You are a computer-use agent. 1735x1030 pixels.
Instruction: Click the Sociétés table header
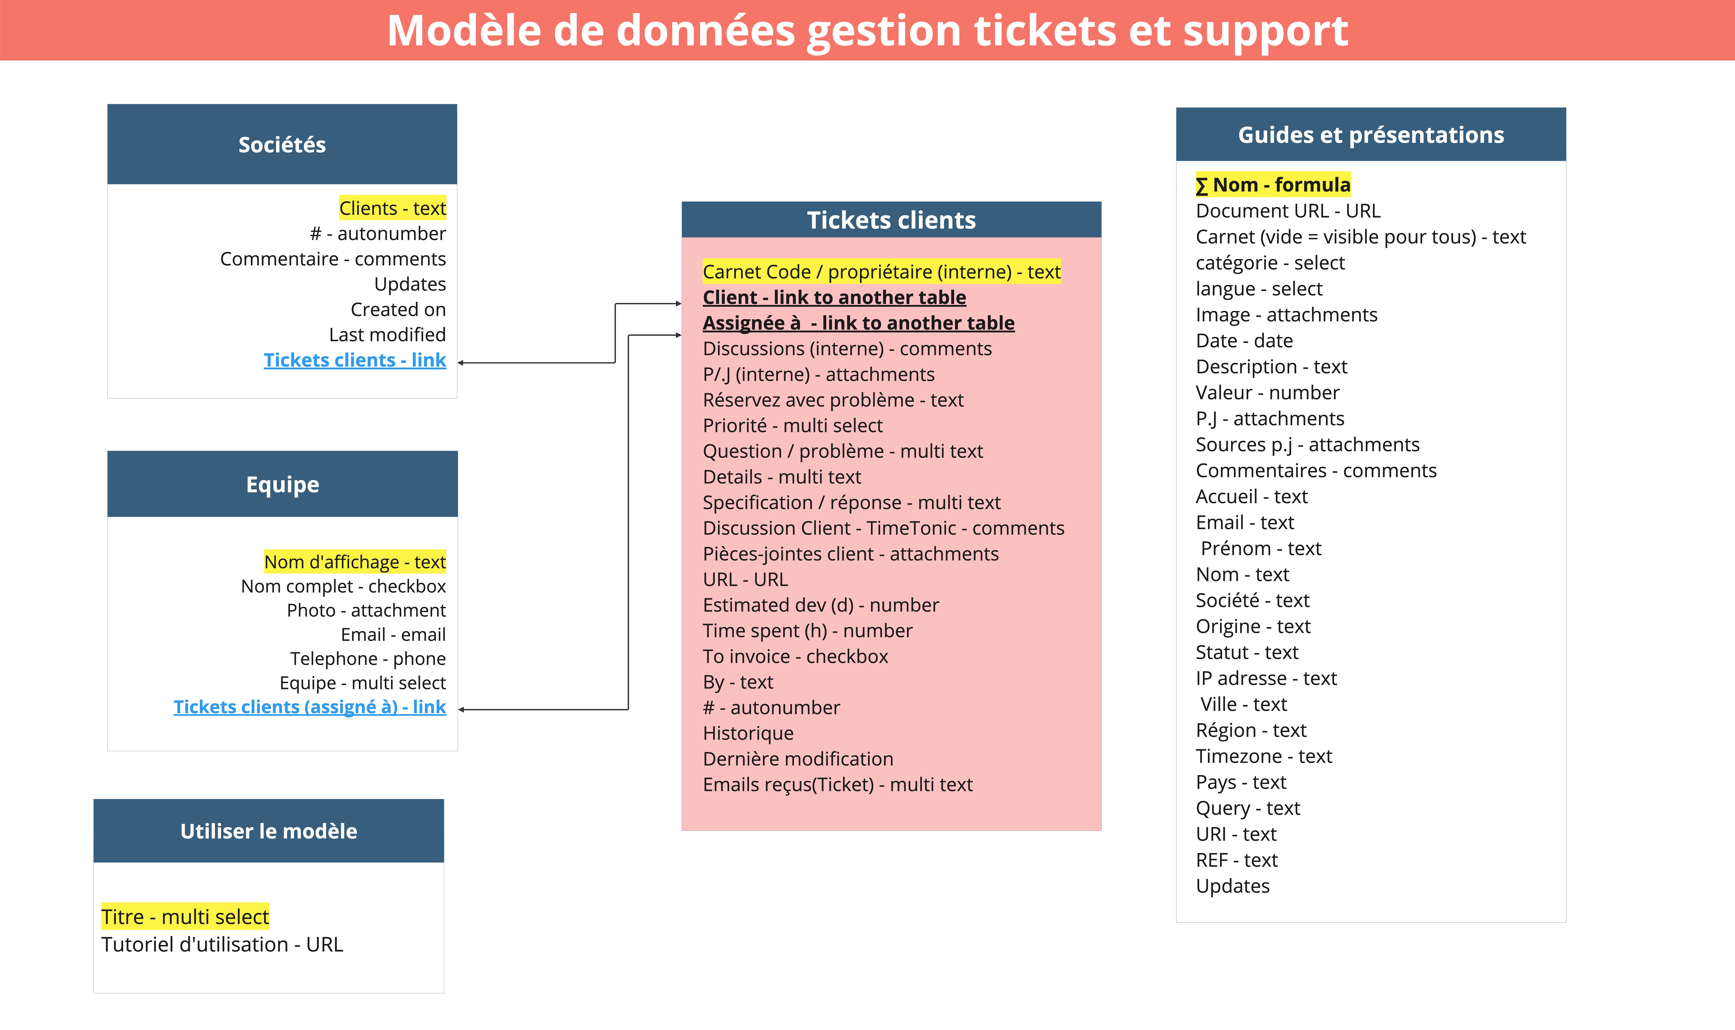tap(282, 144)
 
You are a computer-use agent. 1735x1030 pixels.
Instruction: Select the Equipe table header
tap(283, 484)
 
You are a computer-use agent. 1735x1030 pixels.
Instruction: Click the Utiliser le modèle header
tap(269, 831)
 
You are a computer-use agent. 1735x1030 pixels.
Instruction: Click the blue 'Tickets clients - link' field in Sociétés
tap(355, 360)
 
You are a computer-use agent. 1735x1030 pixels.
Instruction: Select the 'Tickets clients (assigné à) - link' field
tap(310, 707)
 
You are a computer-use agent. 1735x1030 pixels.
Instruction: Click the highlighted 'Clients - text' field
tap(392, 208)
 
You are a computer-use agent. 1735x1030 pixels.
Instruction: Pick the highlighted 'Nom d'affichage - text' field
tap(355, 562)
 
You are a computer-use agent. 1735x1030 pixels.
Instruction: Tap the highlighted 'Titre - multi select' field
tap(185, 917)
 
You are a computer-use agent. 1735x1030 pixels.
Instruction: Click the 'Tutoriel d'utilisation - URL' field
tap(222, 945)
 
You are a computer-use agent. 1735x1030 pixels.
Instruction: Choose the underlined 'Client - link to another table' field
tap(834, 297)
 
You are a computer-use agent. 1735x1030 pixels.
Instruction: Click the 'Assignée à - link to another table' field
tap(858, 323)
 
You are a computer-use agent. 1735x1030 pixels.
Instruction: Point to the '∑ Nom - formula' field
tap(1273, 185)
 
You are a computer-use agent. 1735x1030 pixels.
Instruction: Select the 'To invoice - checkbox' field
tap(795, 656)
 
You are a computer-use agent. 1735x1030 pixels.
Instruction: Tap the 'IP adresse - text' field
tap(1266, 678)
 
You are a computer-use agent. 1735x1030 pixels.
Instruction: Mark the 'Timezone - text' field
tap(1264, 756)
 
